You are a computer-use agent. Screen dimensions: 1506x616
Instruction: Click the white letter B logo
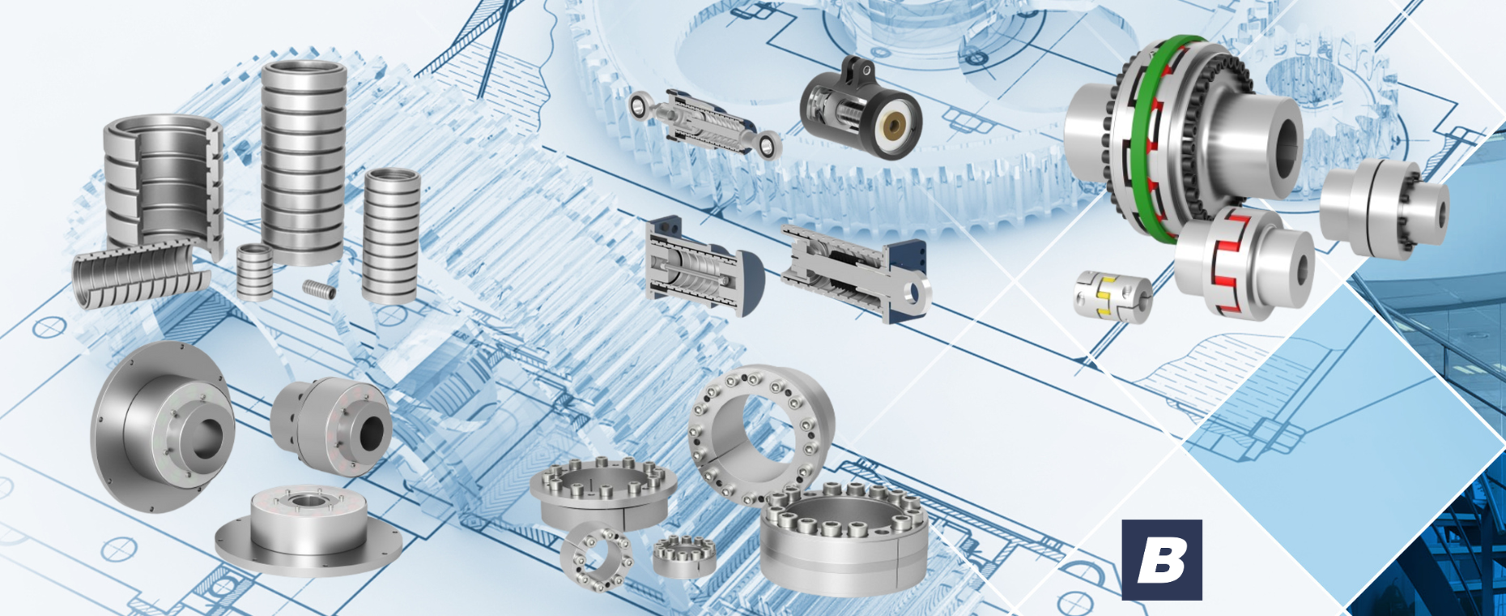click(1162, 559)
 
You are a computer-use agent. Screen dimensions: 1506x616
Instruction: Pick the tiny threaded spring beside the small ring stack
click(318, 288)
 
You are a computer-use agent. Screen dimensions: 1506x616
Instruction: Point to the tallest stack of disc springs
click(304, 162)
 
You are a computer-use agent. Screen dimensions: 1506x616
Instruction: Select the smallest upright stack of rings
click(254, 272)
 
